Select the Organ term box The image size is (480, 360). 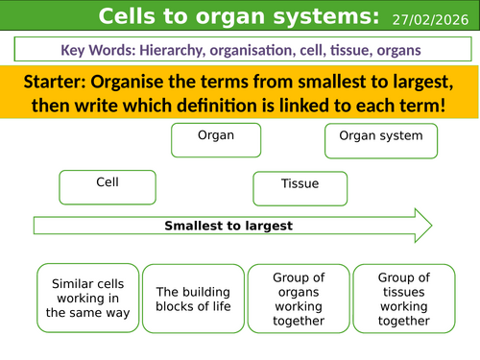[216, 140]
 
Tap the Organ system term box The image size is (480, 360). [380, 140]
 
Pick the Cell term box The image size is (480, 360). [107, 186]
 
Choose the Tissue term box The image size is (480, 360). [299, 187]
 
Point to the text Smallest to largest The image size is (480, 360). [228, 227]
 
